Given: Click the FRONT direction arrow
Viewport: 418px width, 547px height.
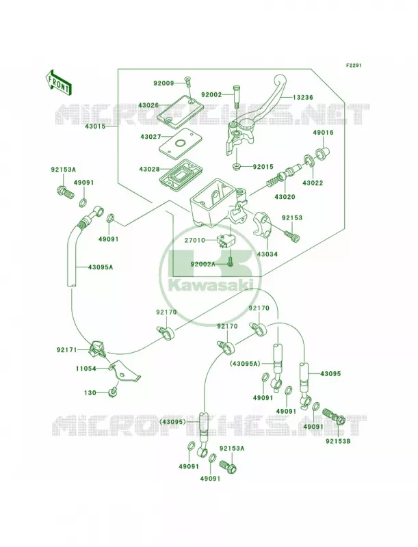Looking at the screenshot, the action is pos(58,82).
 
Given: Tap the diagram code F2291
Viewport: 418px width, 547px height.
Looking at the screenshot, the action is pos(354,65).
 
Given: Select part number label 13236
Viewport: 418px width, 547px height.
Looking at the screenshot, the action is pos(303,98).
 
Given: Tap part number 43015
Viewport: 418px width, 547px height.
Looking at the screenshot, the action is pos(94,126).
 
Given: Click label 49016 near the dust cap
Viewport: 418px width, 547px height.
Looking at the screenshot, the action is pos(323,133).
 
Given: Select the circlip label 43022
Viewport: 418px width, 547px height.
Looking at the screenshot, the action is pos(312,183).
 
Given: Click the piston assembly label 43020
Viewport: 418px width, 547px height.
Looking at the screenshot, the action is pos(285,197).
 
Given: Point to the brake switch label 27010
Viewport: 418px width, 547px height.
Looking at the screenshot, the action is pos(196,240).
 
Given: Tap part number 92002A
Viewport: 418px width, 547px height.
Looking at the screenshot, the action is pos(203,264).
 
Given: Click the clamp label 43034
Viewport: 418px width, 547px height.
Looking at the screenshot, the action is pos(267,254).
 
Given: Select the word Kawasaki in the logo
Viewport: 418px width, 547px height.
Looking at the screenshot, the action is pos(211,285).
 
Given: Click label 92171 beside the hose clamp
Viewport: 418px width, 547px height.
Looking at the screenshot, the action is pos(66,349).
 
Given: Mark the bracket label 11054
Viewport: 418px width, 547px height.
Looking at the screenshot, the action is pos(86,369).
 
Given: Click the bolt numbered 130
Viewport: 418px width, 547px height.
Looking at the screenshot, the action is pos(112,392).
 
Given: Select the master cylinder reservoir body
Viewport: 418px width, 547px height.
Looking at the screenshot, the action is pos(216,204).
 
